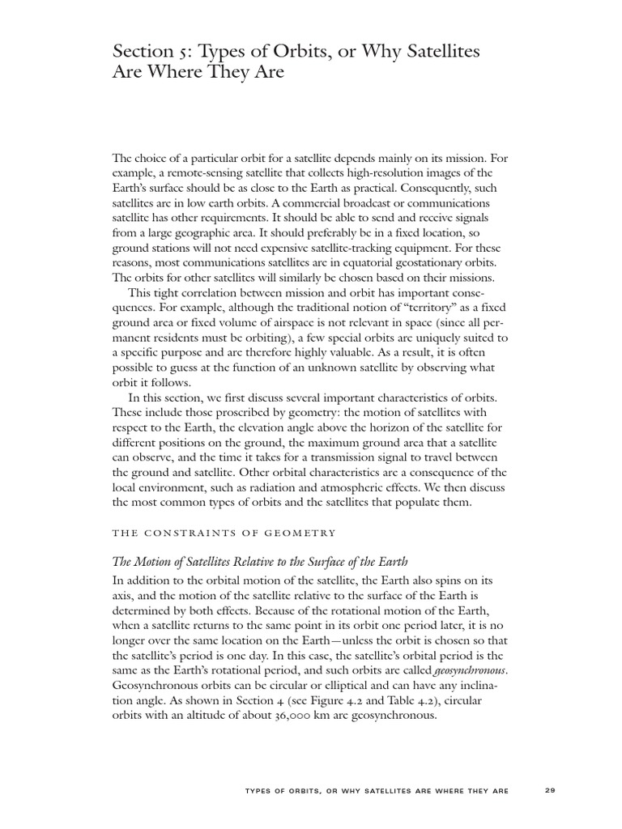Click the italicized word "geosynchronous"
point(469,671)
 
